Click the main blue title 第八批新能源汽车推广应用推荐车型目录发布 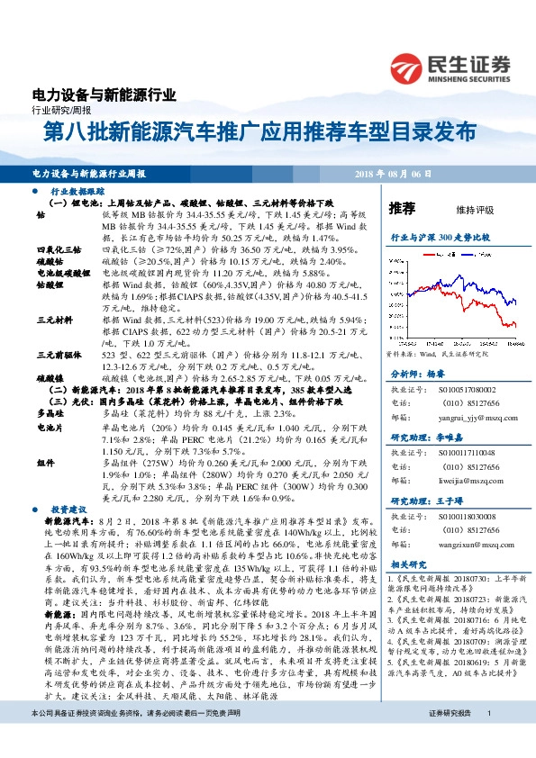click(x=260, y=131)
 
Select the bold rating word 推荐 click(x=402, y=209)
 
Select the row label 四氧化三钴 click(x=59, y=248)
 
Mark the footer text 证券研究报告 click(x=450, y=737)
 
